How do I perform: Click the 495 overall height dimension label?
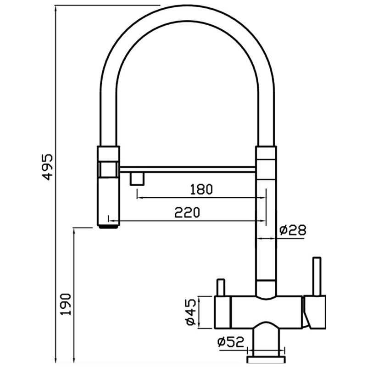tap(48, 167)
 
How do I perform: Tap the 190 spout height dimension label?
tap(66, 304)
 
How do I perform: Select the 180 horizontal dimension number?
tap(201, 189)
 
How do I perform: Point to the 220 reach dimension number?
tap(187, 212)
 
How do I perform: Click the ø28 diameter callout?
tap(293, 230)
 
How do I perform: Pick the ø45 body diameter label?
tap(191, 312)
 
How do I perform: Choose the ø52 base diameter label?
tap(231, 342)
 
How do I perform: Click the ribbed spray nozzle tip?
tap(108, 227)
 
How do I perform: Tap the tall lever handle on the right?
tap(317, 276)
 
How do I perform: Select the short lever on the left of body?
tap(221, 287)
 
